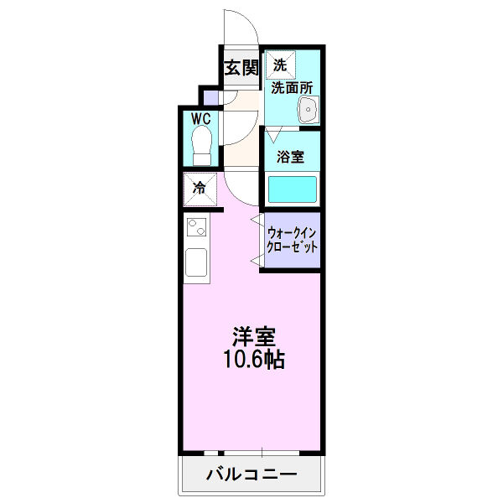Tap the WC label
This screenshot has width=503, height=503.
point(200,118)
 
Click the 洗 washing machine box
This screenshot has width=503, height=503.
point(279,64)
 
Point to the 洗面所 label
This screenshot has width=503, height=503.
point(291,86)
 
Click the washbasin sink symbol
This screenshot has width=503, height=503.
point(308,108)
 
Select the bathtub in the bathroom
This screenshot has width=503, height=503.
point(292,189)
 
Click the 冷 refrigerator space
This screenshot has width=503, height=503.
point(200,188)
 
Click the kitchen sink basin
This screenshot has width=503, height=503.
point(197,263)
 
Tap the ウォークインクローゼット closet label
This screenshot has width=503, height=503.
point(291,240)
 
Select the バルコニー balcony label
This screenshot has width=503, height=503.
point(251,475)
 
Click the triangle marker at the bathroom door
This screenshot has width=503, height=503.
point(272,133)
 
